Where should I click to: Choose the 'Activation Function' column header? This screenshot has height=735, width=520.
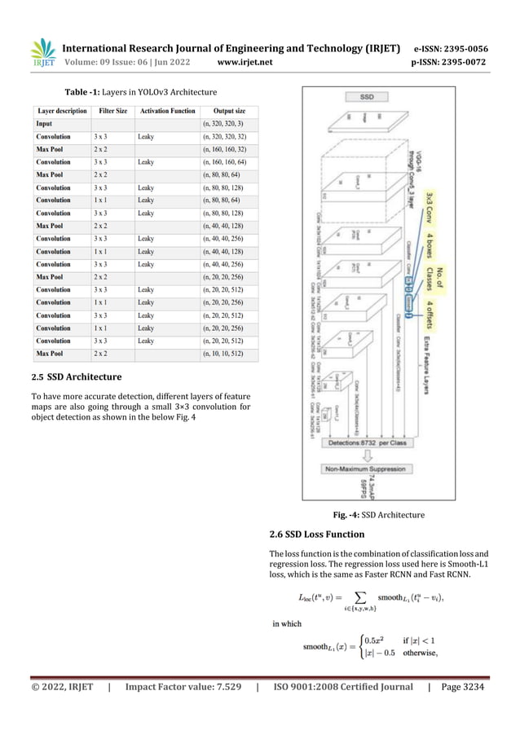pyautogui.click(x=165, y=111)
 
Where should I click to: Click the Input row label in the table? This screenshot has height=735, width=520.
pyautogui.click(x=46, y=124)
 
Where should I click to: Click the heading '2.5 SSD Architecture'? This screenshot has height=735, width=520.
pyautogui.click(x=76, y=377)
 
